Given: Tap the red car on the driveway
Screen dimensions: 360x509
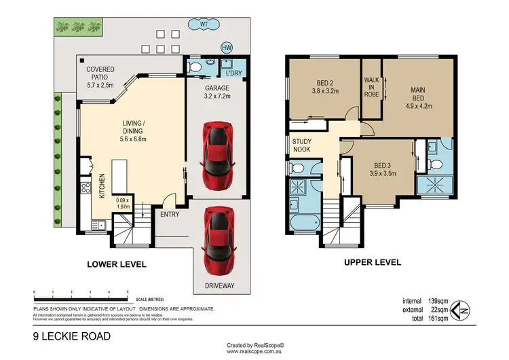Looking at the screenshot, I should tap(219, 238).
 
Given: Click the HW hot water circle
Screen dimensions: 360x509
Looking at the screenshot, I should tap(226, 47).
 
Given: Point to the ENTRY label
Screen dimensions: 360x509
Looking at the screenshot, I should tap(170, 214).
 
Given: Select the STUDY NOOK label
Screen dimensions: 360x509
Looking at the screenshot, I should tap(301, 145).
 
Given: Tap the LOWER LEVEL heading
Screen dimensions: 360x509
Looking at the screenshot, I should tap(117, 264).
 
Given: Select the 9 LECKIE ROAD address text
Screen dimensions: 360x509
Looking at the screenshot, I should tap(72, 336).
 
